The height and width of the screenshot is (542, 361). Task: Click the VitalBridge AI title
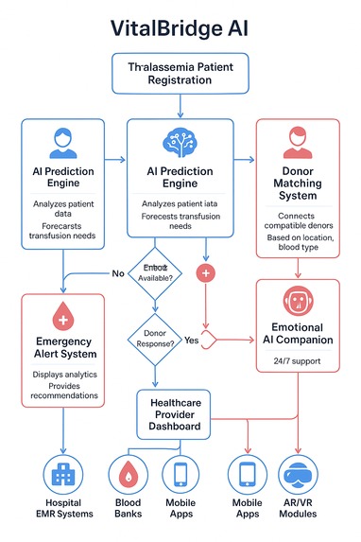(180, 29)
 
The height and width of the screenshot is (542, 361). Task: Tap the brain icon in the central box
(180, 141)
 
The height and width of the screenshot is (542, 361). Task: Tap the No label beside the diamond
(118, 273)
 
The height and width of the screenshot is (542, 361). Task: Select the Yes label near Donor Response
(191, 340)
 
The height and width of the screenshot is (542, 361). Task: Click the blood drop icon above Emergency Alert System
(62, 315)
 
